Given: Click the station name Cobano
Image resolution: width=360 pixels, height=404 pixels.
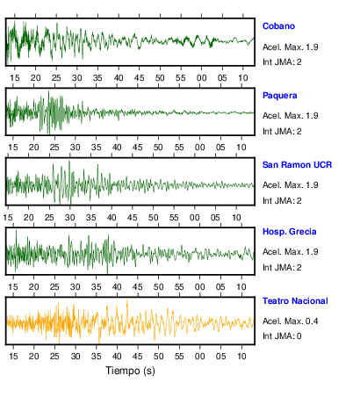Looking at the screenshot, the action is point(278,26).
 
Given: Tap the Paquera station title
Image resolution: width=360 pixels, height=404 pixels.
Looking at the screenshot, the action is point(280,96).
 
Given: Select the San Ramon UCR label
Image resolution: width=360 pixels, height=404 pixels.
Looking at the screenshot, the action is point(297,165).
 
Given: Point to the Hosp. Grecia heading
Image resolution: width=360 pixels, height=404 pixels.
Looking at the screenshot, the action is point(290,232).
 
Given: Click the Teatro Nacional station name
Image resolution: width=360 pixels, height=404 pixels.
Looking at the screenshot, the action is point(295,301).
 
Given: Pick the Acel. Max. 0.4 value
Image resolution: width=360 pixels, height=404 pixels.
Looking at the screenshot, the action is point(291,321).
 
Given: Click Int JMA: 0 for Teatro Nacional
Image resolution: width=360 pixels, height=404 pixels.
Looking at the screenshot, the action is point(282,335).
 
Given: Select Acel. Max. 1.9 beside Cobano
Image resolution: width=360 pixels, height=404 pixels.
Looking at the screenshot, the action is point(291,47).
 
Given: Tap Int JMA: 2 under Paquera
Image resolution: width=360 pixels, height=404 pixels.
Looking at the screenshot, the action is point(282,132).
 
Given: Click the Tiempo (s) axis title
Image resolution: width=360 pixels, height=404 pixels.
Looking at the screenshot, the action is point(130,371).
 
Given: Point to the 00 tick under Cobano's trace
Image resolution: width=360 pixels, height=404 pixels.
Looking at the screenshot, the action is point(201,78).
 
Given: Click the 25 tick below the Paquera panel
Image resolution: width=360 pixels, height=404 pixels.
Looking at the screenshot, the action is point(54,148).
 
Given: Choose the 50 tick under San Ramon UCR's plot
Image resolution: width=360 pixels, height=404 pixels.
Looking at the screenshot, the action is point(153,218).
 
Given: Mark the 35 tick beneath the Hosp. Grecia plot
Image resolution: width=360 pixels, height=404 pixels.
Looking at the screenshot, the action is point(96,286).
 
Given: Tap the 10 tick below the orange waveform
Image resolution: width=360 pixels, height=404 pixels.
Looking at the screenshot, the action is point(241,357).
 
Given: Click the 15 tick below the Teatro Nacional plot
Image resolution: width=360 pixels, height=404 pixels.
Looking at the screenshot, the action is point(13,357).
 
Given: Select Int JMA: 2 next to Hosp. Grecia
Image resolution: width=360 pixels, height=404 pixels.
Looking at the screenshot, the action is point(282,267).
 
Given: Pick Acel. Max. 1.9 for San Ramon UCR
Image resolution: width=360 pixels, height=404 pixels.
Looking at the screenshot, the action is point(291,185).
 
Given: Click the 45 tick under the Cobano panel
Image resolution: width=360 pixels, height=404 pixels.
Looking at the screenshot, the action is point(139,78).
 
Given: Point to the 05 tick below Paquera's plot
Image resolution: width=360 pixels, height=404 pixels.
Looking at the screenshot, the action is point(220,148).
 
